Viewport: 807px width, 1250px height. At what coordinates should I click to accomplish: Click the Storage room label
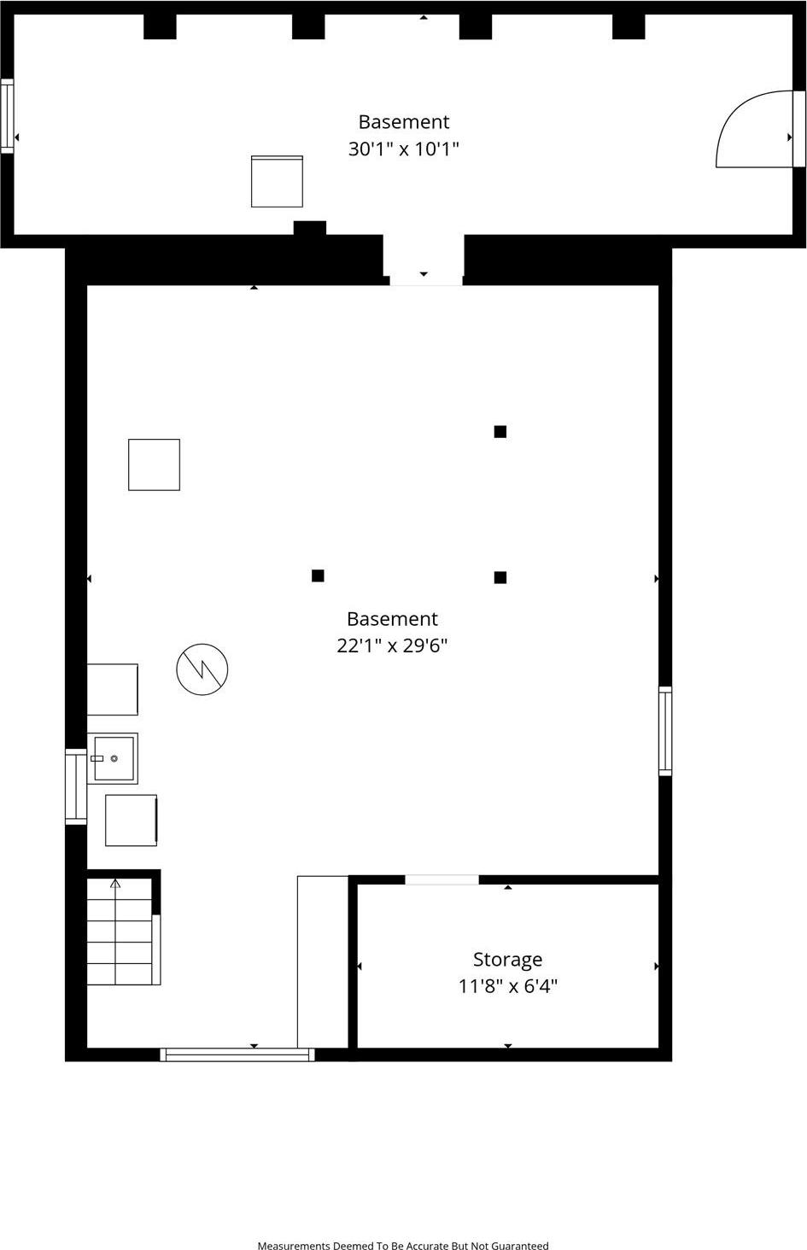pyautogui.click(x=507, y=960)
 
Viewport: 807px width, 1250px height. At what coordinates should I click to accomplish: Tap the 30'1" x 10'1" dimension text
pyautogui.click(x=404, y=149)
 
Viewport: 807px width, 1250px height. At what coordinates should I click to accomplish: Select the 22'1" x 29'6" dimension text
pyautogui.click(x=392, y=645)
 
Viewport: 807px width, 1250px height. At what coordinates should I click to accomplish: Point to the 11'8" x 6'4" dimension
pyautogui.click(x=507, y=987)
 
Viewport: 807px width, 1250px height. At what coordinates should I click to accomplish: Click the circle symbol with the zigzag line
pyautogui.click(x=202, y=669)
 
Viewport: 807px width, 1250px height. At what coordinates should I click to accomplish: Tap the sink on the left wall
pyautogui.click(x=113, y=758)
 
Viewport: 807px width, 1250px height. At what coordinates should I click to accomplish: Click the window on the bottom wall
pyautogui.click(x=237, y=1054)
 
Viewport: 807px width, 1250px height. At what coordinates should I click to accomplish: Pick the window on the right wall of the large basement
pyautogui.click(x=665, y=731)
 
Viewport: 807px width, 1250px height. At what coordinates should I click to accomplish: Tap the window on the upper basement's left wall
pyautogui.click(x=7, y=115)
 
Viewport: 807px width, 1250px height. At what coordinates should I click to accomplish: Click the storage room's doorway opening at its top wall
pyautogui.click(x=442, y=879)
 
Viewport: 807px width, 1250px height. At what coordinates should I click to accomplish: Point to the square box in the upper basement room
pyautogui.click(x=277, y=181)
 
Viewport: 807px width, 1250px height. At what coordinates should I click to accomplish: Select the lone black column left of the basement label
pyautogui.click(x=318, y=576)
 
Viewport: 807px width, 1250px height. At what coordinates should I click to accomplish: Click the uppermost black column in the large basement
pyautogui.click(x=500, y=432)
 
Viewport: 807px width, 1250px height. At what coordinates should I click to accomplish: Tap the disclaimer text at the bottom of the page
pyautogui.click(x=403, y=1246)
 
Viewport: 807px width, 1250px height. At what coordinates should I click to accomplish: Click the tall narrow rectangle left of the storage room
pyautogui.click(x=323, y=961)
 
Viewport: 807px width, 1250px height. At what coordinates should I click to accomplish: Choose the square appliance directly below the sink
pyautogui.click(x=131, y=821)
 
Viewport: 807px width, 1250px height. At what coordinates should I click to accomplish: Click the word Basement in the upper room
pyautogui.click(x=404, y=122)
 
